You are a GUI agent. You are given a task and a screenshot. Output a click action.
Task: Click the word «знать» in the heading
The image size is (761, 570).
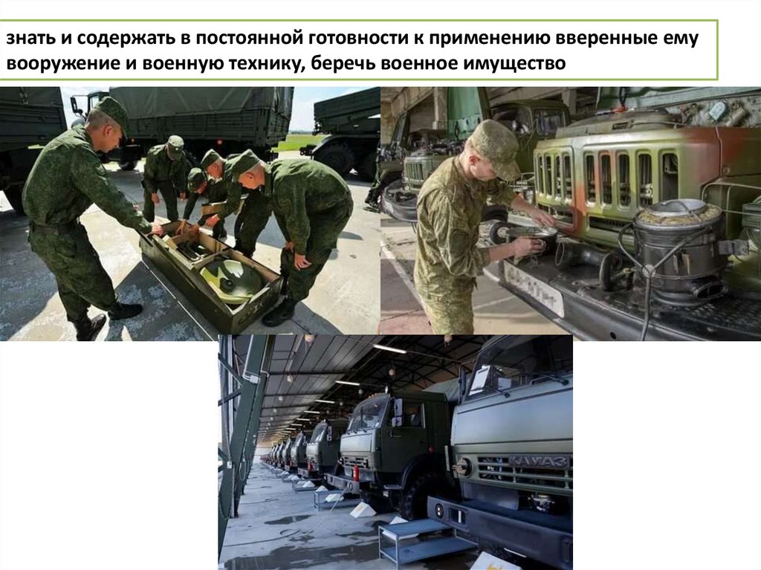click(x=30, y=39)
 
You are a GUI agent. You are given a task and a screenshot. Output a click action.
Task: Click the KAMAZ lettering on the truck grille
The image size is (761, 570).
click(x=540, y=460)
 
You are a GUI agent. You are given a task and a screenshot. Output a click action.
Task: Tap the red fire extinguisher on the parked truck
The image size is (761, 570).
click(x=356, y=473)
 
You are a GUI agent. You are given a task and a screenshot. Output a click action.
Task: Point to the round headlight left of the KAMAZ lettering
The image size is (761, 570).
click(x=464, y=467)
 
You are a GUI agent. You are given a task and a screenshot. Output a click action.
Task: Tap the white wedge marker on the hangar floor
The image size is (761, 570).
click(x=363, y=510)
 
